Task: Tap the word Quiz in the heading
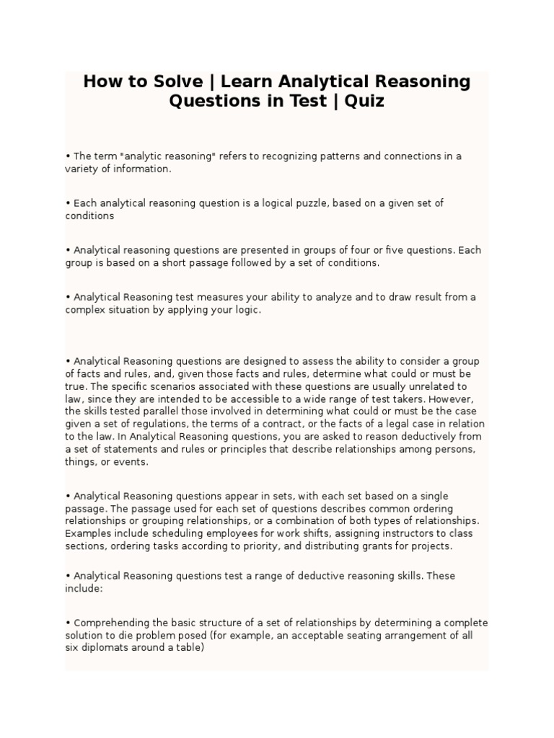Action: coord(365,101)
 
